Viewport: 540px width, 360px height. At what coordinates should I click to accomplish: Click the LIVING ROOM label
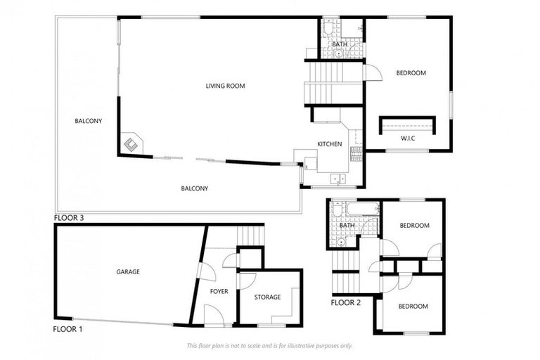(225, 86)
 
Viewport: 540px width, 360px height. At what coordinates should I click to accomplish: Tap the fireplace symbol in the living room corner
(131, 143)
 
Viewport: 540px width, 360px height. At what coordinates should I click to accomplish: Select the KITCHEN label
(329, 144)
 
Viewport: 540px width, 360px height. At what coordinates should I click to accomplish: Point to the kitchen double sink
(339, 178)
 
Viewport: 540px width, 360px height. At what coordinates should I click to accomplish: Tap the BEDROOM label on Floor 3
(411, 73)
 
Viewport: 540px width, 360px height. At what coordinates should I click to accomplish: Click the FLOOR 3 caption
(69, 218)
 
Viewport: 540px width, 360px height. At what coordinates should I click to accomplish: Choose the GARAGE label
(128, 271)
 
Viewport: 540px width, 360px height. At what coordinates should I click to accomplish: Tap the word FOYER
(219, 291)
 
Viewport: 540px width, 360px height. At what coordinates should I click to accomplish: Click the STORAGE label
(267, 297)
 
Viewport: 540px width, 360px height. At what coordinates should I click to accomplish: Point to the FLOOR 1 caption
(67, 328)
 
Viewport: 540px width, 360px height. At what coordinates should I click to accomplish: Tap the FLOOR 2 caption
(345, 303)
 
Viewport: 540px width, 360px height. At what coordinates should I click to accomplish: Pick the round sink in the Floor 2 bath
(340, 241)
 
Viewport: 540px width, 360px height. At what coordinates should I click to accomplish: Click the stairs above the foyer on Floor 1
(250, 236)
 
